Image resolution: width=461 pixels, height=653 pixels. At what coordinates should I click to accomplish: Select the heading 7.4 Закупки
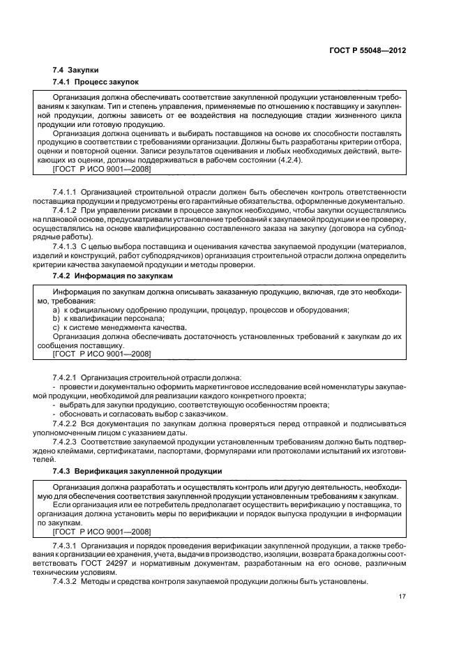tap(75, 70)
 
